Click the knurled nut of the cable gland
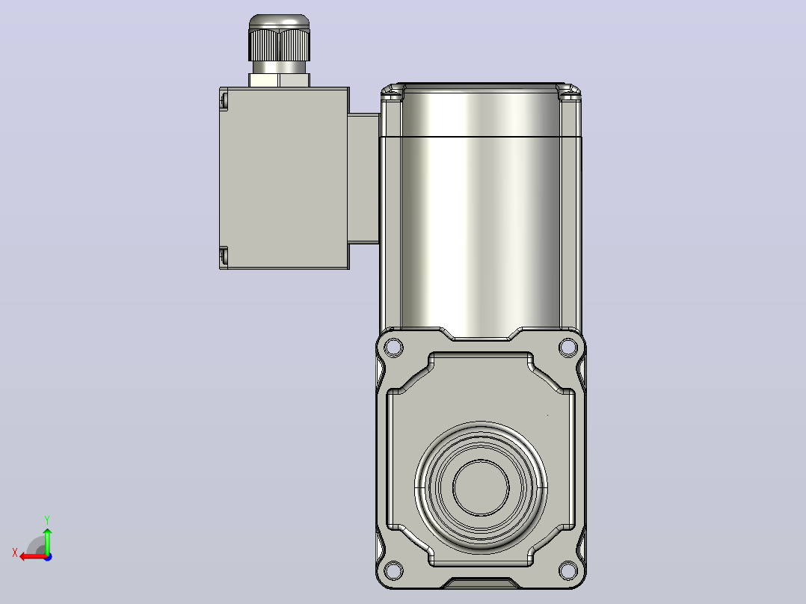(x=279, y=45)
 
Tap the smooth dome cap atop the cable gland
(x=279, y=22)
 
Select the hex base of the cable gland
(x=279, y=80)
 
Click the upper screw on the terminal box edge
(x=224, y=99)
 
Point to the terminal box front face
(x=287, y=177)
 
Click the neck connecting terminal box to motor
(x=364, y=179)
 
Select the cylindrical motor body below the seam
(x=480, y=236)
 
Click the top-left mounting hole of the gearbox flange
(x=394, y=347)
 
